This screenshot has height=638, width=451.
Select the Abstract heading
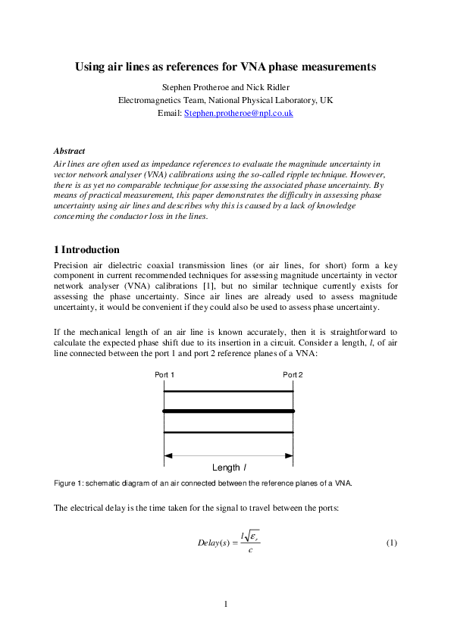[69, 152]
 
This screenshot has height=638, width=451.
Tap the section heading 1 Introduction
[86, 250]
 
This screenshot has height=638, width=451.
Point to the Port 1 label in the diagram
[164, 375]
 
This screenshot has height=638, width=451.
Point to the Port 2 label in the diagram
[293, 375]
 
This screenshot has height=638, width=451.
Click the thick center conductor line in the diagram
[228, 411]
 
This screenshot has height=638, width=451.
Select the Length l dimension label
[228, 468]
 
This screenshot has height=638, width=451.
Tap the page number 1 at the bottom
[226, 603]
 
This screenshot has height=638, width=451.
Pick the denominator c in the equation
[250, 551]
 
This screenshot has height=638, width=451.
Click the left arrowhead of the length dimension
[169, 455]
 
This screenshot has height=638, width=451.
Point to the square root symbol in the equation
[248, 536]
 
